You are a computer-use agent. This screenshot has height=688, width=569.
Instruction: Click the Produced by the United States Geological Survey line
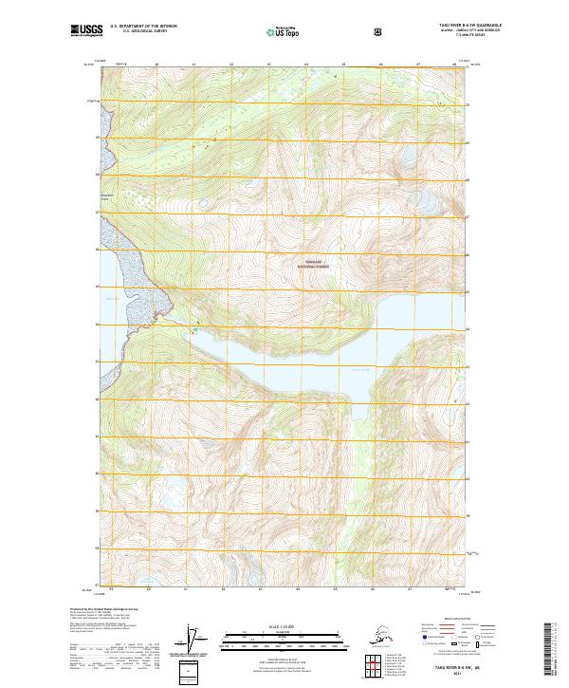[103, 607]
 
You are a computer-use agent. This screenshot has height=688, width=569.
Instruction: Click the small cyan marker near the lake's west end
[195, 330]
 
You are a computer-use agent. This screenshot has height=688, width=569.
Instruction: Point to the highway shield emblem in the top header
[379, 32]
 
